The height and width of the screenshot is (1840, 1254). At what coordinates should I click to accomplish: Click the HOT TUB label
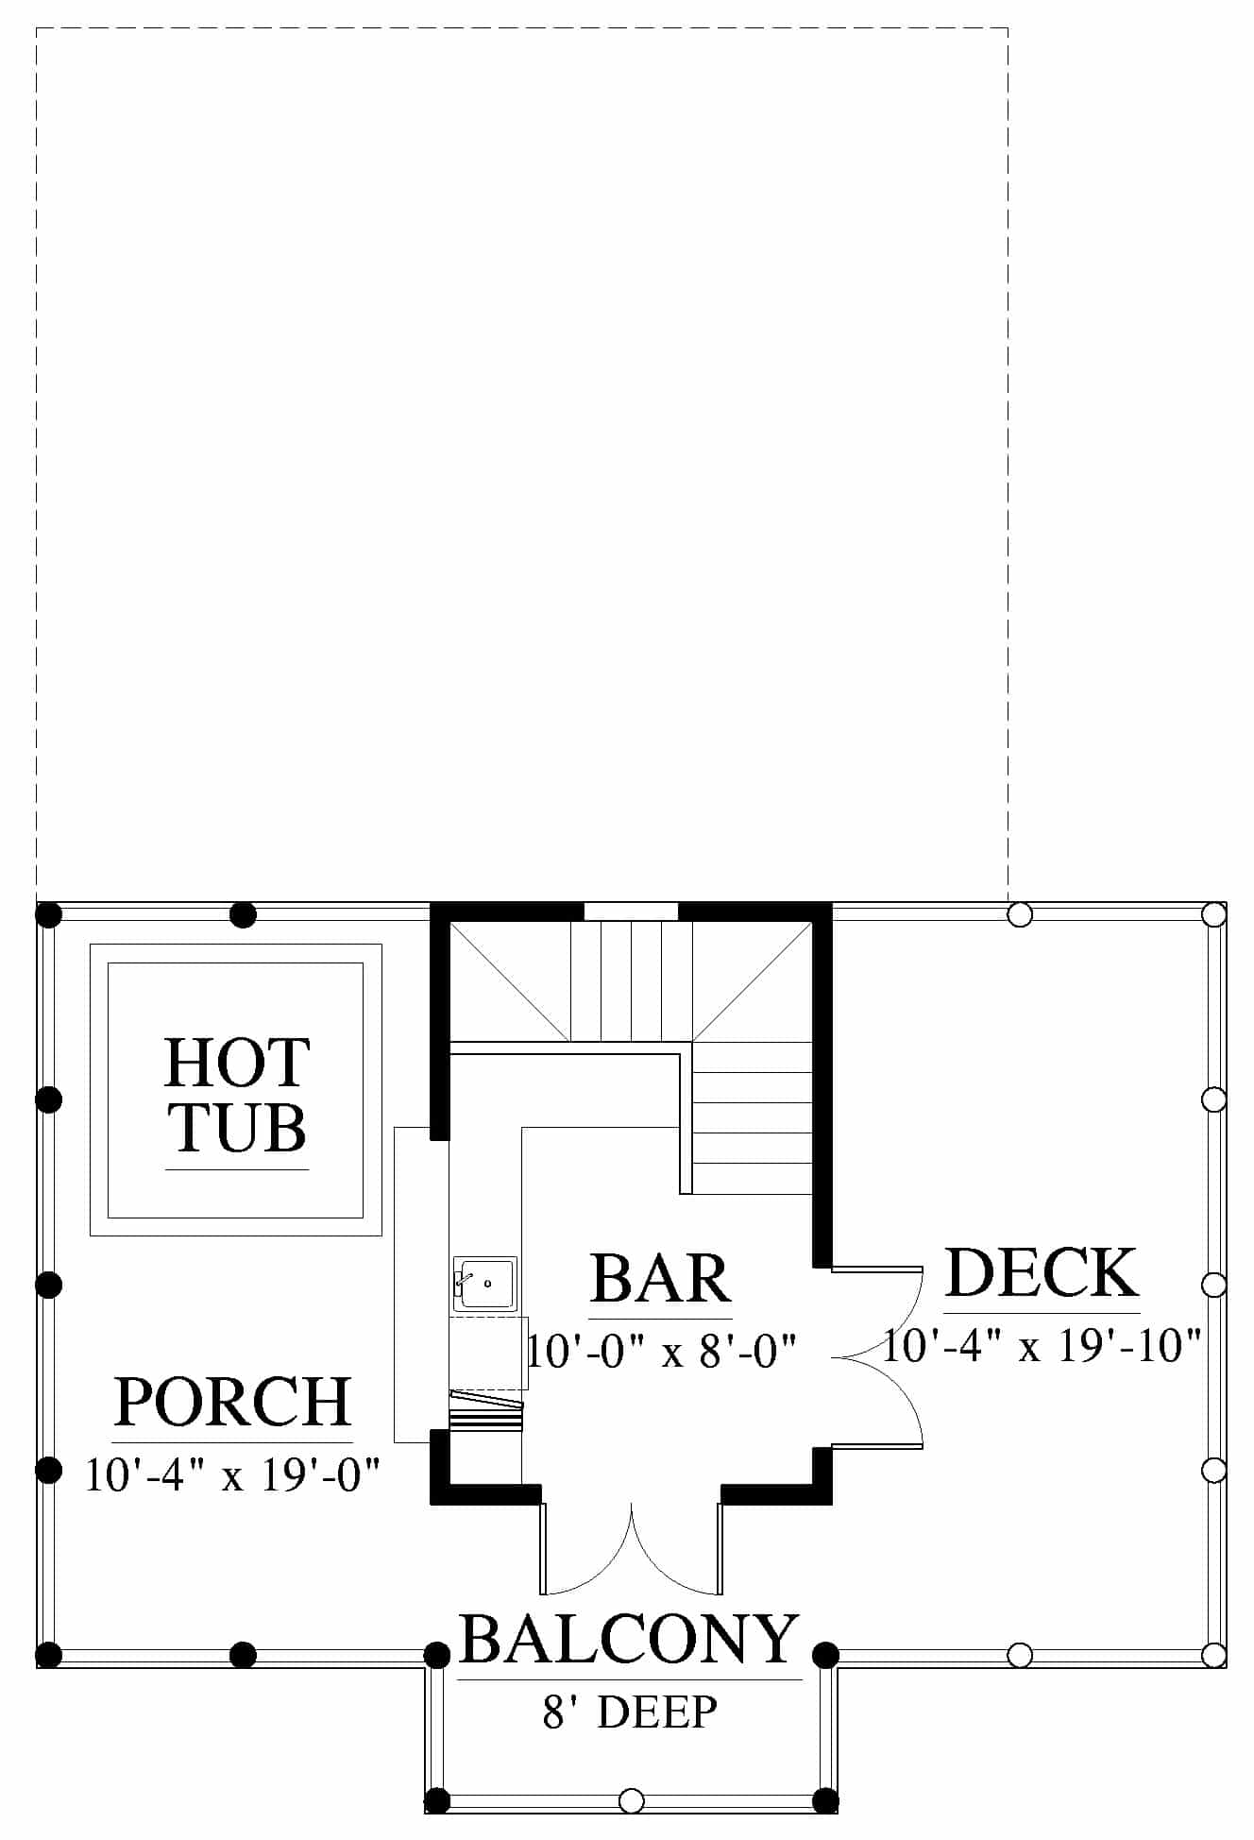coord(237,1096)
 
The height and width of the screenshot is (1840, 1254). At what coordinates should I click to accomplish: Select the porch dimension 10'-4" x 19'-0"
coord(232,1474)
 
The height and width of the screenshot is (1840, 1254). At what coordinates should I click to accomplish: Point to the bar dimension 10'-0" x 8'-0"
coord(662,1351)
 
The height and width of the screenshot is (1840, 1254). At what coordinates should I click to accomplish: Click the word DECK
coord(1042,1272)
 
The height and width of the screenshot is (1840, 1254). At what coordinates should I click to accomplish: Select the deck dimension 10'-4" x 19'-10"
coord(1042,1345)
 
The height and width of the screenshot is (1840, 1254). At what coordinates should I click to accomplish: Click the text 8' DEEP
coord(630,1711)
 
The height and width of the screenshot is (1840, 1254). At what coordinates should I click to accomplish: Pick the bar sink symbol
coord(484,1283)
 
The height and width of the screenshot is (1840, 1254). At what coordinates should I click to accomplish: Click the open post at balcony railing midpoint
coord(631,1800)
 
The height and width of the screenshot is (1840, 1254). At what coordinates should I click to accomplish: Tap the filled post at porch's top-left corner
coord(48,914)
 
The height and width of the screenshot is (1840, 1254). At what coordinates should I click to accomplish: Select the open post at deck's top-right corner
coord(1213,914)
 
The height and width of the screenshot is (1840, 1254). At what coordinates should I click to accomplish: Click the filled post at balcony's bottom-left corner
coord(436,1800)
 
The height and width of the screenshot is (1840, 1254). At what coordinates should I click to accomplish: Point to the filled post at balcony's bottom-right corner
coord(825,1800)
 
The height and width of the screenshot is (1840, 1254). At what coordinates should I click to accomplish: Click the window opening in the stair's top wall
coord(631,911)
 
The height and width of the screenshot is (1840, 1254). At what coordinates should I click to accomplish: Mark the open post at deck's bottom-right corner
coord(1213,1655)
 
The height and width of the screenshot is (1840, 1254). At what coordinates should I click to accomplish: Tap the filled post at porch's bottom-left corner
coord(48,1655)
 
